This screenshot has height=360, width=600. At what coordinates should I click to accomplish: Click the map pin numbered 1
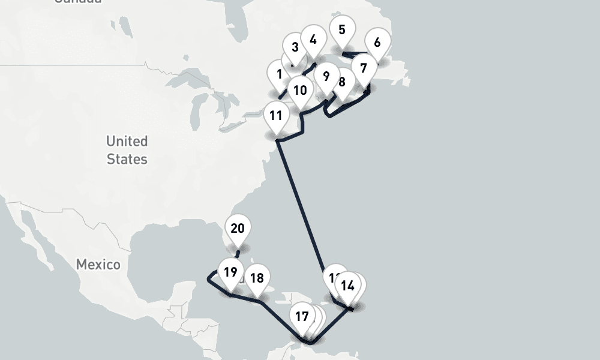tap(280, 75)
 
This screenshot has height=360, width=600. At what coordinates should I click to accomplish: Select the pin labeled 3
tap(295, 47)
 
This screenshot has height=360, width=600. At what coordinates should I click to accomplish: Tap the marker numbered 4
tap(313, 40)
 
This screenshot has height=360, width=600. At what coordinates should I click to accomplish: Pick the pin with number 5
tap(342, 30)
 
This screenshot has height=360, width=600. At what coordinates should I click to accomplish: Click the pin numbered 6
tap(377, 43)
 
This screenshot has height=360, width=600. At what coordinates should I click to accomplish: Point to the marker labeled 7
tap(364, 67)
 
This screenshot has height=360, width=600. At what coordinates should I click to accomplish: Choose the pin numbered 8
tap(343, 82)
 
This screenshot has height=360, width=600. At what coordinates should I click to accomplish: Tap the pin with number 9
tap(326, 76)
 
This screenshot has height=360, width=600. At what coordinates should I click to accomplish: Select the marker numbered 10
tap(300, 91)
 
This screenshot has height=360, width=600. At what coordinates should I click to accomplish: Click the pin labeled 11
tap(276, 115)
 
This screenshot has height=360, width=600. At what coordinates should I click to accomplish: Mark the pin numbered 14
tap(348, 286)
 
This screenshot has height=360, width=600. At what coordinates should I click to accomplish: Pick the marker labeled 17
tap(302, 316)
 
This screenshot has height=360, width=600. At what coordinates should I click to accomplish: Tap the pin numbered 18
tap(257, 278)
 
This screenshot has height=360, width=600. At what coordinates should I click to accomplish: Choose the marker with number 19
tap(230, 272)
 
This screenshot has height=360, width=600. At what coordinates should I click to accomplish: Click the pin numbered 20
tap(238, 229)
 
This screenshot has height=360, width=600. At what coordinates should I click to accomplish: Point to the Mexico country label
tap(98, 265)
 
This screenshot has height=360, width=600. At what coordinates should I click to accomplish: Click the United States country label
tap(127, 150)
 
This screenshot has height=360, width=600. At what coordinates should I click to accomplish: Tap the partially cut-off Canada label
tap(78, 1)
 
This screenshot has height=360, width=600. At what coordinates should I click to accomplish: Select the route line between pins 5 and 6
tap(354, 56)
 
